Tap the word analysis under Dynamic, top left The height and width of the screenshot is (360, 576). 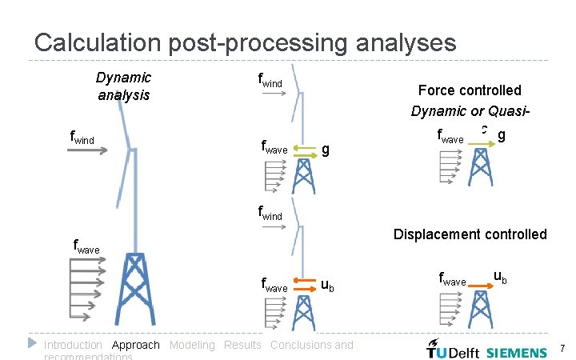tap(123, 94)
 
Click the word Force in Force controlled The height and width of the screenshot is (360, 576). tap(438, 90)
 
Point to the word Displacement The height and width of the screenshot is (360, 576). tap(433, 234)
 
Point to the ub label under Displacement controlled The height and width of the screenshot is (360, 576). tap(499, 277)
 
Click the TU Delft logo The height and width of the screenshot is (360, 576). tap(452, 350)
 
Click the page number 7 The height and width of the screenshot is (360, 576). tap(562, 348)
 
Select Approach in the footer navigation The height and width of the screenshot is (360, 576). tap(136, 345)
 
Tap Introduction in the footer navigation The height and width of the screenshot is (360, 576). tap(73, 345)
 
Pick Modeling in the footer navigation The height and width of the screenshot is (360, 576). tap(192, 345)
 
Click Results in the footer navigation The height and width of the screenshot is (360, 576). tap(242, 345)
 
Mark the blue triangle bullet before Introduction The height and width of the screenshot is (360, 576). tap(32, 342)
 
